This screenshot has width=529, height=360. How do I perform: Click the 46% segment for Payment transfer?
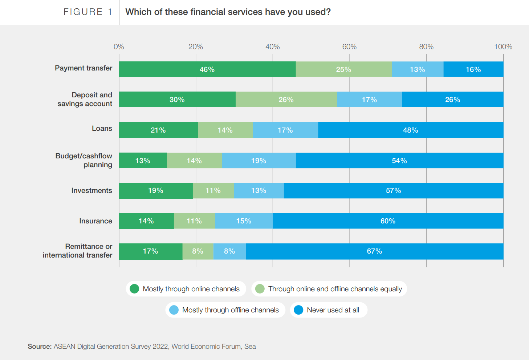click(207, 69)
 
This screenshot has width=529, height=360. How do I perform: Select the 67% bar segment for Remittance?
click(374, 251)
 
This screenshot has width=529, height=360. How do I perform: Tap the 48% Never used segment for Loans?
click(410, 130)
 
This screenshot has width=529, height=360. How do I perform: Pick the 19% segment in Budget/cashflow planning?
click(259, 161)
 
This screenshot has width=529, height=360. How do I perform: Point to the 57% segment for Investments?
click(393, 191)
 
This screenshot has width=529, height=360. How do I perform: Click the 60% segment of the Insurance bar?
click(388, 221)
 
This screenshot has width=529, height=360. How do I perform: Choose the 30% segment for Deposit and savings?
click(177, 100)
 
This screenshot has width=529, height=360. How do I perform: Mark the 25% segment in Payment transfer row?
click(343, 69)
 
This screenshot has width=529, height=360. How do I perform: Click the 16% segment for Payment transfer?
click(473, 69)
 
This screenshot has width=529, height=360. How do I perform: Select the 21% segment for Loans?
click(158, 130)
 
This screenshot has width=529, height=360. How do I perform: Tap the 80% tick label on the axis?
click(426, 46)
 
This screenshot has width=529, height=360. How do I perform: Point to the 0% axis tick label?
click(119, 46)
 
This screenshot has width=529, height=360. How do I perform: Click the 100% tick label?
click(503, 46)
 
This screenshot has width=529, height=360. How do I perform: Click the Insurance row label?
click(95, 221)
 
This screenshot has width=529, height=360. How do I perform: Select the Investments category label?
click(91, 191)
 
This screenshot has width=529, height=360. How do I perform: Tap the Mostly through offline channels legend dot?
click(174, 310)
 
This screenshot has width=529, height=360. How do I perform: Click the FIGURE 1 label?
click(88, 12)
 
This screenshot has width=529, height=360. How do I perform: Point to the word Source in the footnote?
click(40, 347)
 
